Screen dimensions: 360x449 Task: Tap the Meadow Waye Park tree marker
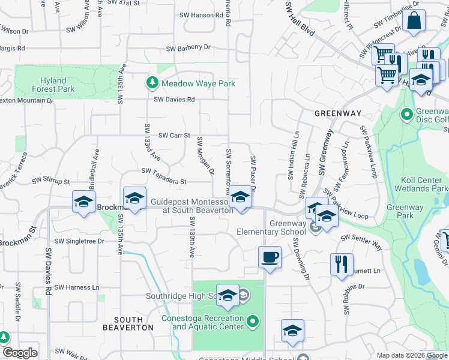[x=152, y=83]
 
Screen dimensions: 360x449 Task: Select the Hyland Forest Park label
[x=58, y=85]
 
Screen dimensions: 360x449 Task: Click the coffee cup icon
[x=269, y=257]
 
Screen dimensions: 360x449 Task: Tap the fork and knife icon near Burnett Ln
[x=342, y=263]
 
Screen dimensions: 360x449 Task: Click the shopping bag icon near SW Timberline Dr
[x=414, y=22]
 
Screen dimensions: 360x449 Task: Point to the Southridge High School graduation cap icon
[x=228, y=295]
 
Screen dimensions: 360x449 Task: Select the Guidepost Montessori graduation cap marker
[x=240, y=197]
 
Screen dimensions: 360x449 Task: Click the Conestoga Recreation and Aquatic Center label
[x=208, y=323]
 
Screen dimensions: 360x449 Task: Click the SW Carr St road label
[x=174, y=136]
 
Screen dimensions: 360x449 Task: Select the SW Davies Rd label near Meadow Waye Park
[x=174, y=100]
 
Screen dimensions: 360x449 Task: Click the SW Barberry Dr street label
[x=188, y=47]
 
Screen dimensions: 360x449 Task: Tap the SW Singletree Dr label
[x=79, y=241]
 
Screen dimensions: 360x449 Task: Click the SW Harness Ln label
[x=76, y=287]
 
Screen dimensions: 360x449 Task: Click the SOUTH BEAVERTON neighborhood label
[x=127, y=324]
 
